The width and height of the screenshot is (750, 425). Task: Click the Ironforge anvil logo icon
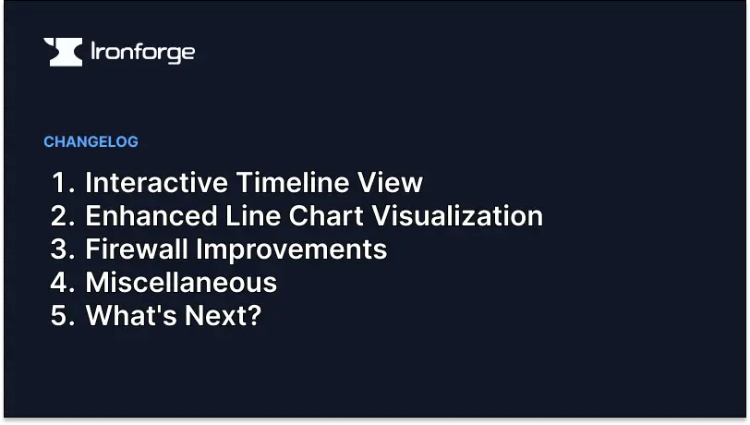point(63,52)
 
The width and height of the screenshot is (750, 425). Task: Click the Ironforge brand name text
point(142,53)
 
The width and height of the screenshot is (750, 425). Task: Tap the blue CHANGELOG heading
point(91,141)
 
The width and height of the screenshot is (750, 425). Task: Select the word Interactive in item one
point(156,182)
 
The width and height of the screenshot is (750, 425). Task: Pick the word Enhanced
point(151,215)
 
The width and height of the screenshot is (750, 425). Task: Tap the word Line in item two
point(253,215)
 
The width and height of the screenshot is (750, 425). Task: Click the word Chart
point(326,215)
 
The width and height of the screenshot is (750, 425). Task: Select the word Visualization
point(457,215)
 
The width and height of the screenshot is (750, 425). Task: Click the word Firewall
point(137,249)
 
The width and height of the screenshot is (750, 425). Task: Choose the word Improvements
point(291,249)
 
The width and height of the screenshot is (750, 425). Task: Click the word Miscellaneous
point(181,282)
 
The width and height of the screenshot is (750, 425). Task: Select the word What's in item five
point(131,315)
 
